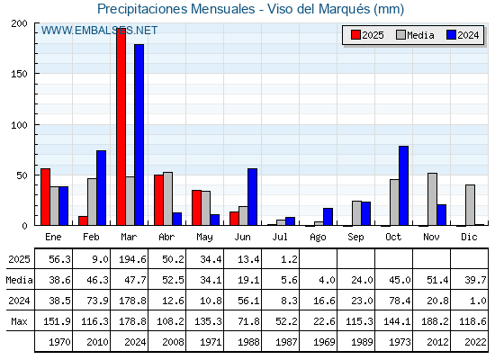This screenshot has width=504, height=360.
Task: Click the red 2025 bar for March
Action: [x=121, y=127]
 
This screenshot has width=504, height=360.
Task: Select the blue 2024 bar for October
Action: [x=404, y=185]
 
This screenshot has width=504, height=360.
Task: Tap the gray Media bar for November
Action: [x=432, y=199]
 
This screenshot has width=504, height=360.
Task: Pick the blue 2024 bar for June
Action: [x=252, y=197]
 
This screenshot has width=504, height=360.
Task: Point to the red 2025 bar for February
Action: [x=83, y=220]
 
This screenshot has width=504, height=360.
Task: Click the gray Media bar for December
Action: [x=470, y=205]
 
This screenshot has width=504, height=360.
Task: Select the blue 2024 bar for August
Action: [x=328, y=217]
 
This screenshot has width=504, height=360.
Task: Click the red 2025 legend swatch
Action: [x=355, y=35]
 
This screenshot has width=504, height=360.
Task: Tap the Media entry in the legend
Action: [x=415, y=35]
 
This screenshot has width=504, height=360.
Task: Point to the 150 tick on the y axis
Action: [x=19, y=74]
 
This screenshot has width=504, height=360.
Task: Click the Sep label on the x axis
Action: [x=355, y=238]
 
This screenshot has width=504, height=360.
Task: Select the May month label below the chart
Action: [x=204, y=238]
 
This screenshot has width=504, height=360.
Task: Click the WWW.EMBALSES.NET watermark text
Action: [x=99, y=31]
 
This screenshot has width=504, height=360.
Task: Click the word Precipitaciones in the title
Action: [x=142, y=9]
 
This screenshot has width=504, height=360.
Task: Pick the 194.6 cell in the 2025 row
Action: [x=132, y=259]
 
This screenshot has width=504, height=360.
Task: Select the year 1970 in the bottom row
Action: [x=59, y=342]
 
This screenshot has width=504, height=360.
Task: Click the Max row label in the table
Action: [x=19, y=321]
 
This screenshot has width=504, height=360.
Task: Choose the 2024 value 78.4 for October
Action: [x=400, y=301]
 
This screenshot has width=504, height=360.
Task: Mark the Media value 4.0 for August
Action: [x=327, y=280]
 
